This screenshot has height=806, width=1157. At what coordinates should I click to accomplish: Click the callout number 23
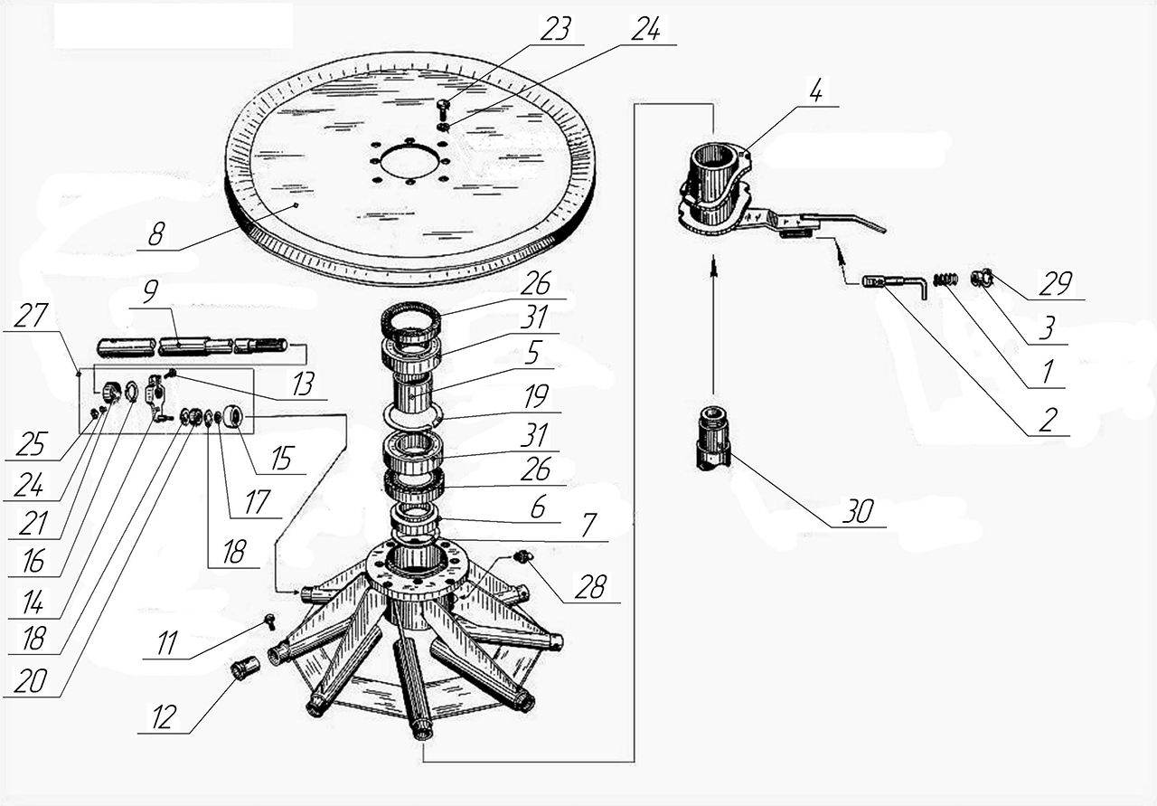coord(556,30)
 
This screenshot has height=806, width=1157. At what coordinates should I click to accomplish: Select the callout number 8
coord(156,233)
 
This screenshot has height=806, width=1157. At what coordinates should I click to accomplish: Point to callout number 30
coord(858,511)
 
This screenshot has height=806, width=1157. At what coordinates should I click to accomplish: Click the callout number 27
coord(31,316)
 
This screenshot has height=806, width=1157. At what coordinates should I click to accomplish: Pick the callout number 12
coord(164,717)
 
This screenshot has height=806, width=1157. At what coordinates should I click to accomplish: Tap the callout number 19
coord(536,396)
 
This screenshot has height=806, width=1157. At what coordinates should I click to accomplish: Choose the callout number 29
coord(1056,284)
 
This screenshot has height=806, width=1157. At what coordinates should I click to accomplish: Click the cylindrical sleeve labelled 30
coord(714,438)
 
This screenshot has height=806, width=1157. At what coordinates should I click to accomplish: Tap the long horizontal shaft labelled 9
coord(193,346)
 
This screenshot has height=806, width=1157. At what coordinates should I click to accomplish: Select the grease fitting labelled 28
coord(522,557)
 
